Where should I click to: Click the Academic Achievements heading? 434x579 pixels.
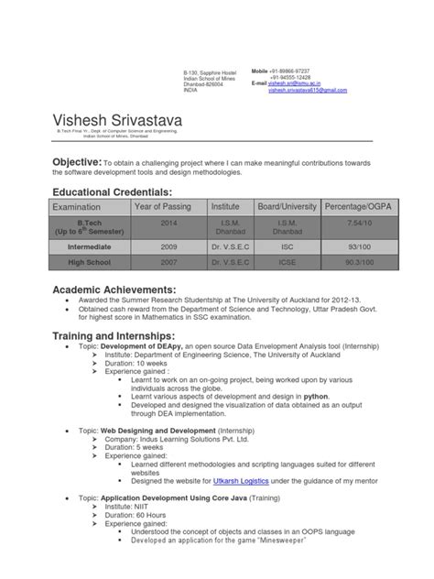122,290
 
